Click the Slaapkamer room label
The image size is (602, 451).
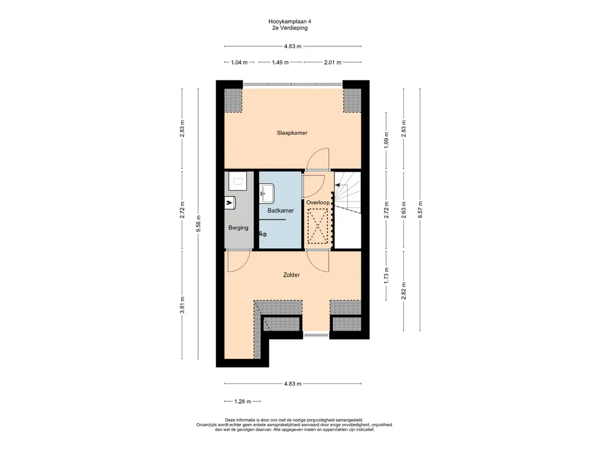(292, 133)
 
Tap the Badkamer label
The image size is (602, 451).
(280, 211)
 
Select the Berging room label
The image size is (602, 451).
(238, 228)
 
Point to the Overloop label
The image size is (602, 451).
(317, 203)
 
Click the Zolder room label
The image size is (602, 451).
(292, 275)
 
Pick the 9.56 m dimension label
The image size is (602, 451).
(199, 224)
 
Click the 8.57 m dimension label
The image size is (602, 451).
(420, 210)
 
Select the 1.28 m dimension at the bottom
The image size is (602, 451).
(243, 402)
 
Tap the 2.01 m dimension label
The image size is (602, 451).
(333, 62)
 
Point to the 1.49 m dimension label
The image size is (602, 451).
(280, 62)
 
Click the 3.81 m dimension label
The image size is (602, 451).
(182, 305)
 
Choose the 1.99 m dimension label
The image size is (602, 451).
(387, 140)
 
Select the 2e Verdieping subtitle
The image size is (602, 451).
(288, 28)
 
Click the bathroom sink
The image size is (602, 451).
(267, 193)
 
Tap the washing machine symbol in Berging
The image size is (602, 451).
(238, 181)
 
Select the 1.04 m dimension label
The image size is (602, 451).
(239, 62)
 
